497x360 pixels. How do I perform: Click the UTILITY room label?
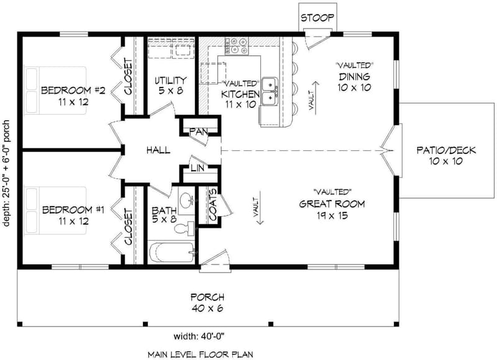pos(170,80)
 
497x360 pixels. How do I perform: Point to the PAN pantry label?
pos(199,131)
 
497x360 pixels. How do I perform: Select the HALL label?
pos(158,150)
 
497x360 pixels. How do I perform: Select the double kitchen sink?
pos(270,91)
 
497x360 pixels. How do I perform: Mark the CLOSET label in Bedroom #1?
pos(129,227)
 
